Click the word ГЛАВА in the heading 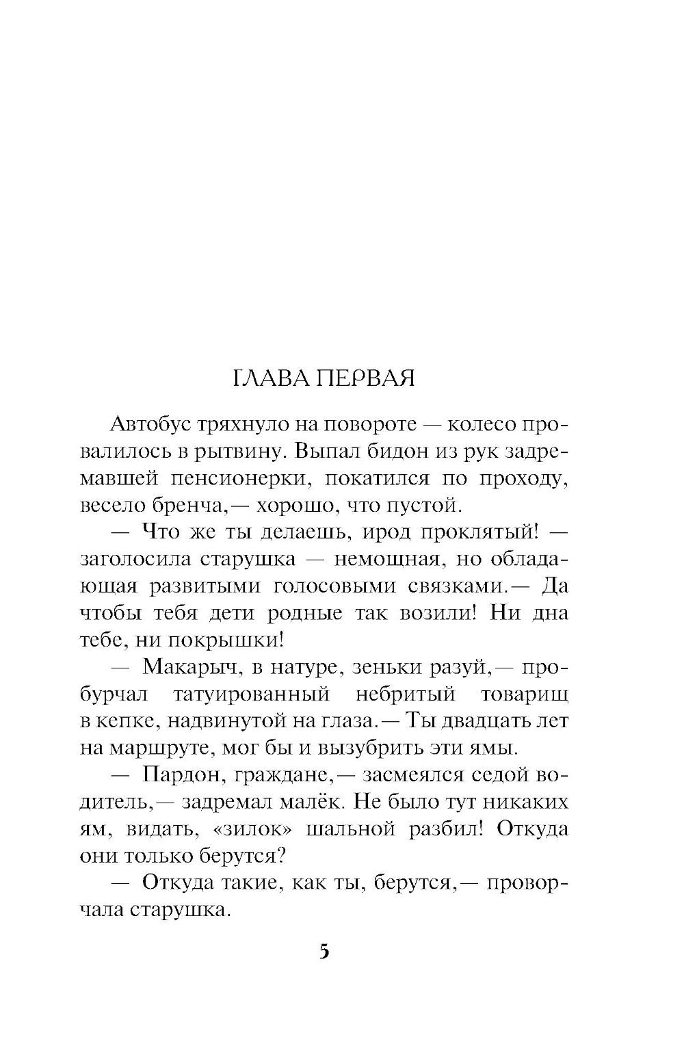[x=271, y=378]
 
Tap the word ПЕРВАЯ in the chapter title [x=365, y=378]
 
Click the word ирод [x=399, y=532]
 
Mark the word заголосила [x=133, y=559]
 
